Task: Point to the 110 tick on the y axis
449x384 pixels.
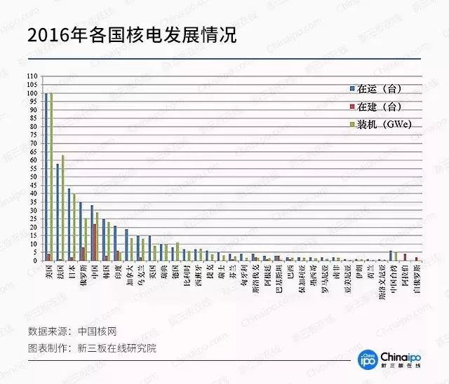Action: pyautogui.click(x=33, y=76)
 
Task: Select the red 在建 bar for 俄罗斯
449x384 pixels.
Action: pyautogui.click(x=83, y=254)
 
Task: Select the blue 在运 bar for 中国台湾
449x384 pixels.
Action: pyautogui.click(x=391, y=256)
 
